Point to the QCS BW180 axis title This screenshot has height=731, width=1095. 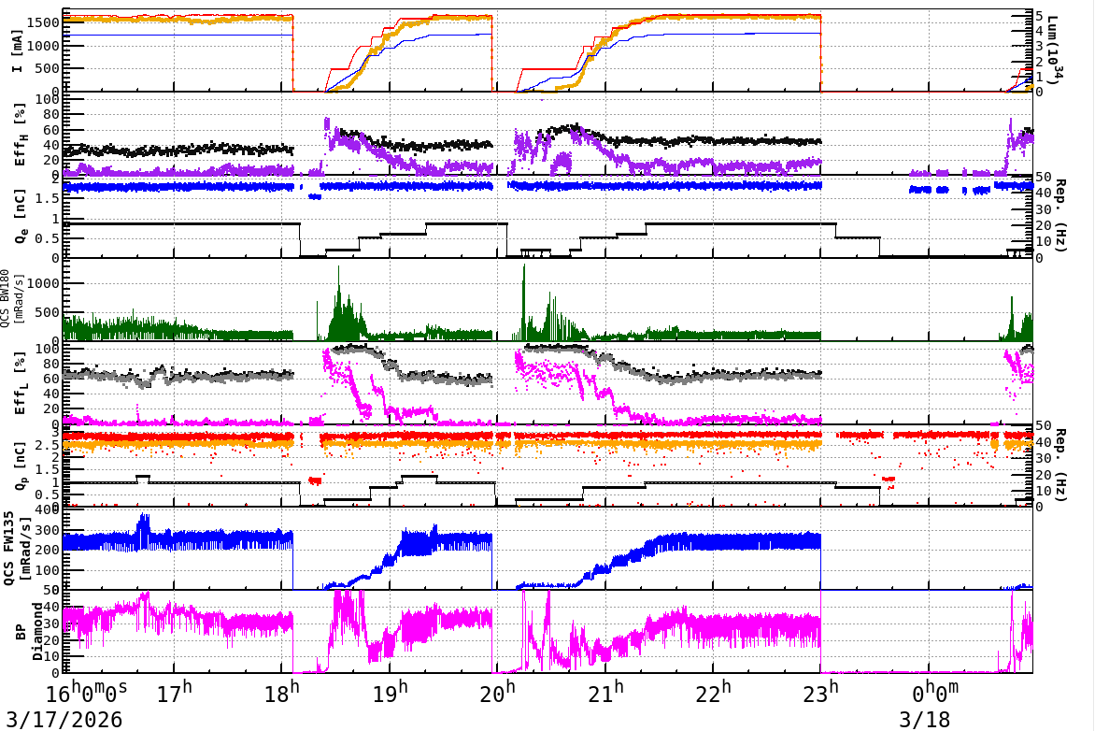point(10,298)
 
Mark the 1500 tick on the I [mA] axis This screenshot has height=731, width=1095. point(42,22)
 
